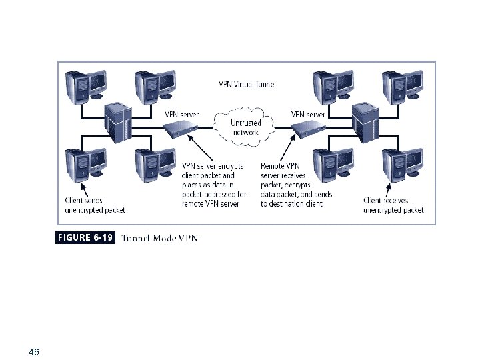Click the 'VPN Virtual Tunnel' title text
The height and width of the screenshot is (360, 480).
click(246, 85)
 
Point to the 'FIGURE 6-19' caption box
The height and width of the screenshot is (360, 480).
click(85, 237)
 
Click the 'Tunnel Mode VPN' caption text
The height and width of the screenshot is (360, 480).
click(160, 238)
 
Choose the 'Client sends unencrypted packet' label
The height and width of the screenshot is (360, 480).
click(95, 205)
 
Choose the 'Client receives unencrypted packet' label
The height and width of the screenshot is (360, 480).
click(393, 205)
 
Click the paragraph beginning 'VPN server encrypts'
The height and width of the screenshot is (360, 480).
click(214, 184)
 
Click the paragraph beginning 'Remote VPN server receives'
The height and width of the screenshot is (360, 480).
click(296, 184)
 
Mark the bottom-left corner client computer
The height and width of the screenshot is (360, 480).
click(85, 164)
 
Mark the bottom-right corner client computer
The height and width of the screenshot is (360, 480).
click(403, 164)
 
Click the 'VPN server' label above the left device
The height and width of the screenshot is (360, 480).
click(181, 114)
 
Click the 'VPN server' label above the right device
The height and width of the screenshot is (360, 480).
click(307, 114)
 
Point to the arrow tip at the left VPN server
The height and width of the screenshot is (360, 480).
click(189, 135)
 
